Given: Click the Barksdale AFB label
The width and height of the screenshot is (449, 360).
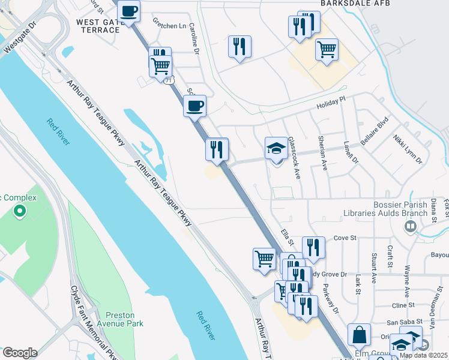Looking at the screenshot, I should tap(351, 4).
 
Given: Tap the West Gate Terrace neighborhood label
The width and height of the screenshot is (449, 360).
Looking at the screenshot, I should tap(98, 26).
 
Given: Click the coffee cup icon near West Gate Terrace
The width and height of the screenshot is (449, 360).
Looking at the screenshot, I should tap(128, 11).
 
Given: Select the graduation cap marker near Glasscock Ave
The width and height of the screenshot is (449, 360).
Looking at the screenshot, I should tap(276, 148).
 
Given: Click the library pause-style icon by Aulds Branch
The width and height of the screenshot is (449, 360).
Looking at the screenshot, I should tap(411, 226).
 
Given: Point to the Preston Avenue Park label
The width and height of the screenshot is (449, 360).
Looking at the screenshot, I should tap(124, 319).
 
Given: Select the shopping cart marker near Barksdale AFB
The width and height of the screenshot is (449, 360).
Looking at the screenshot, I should tap(327, 50).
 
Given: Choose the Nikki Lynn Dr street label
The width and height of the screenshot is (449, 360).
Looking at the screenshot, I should tap(408, 150).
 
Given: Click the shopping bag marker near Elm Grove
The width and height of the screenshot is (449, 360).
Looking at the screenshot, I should tap(359, 336).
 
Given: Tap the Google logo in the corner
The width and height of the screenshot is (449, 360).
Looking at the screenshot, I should tap(19, 353).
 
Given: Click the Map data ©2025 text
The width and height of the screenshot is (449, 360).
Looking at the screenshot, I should tap(424, 355).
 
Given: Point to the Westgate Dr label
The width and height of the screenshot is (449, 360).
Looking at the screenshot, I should tap(20, 38).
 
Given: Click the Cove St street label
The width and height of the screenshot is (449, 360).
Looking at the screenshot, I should tap(341, 238).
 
